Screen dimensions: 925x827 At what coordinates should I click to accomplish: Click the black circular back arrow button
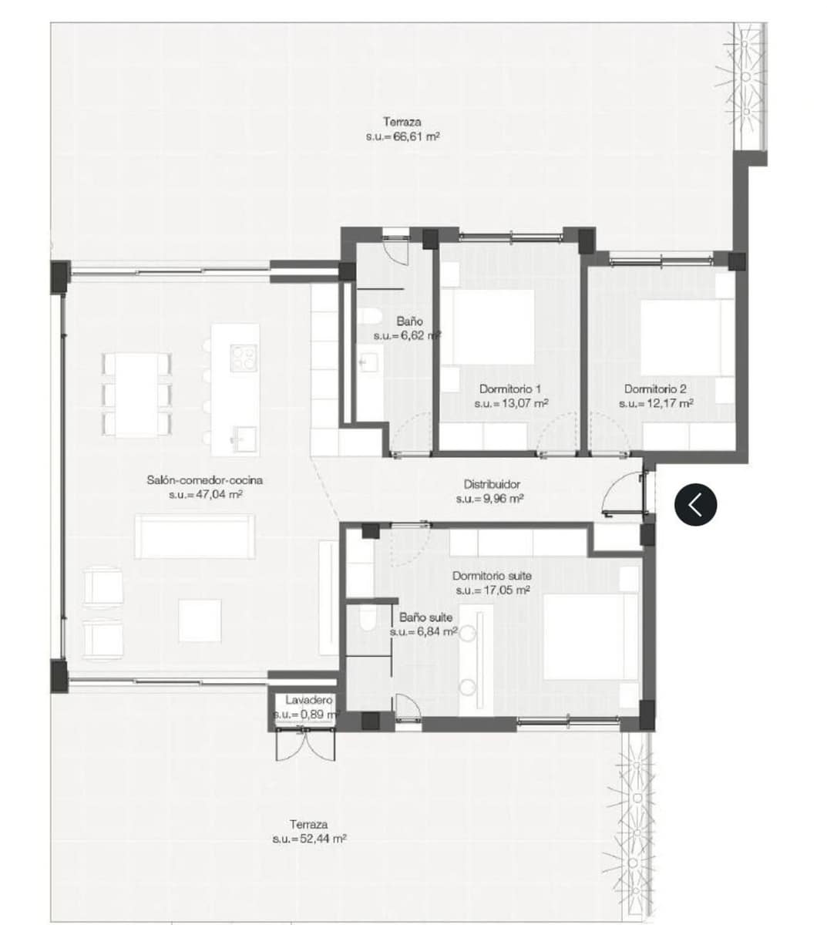pos(695,504)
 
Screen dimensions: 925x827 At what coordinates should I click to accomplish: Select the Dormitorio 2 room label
pos(655,389)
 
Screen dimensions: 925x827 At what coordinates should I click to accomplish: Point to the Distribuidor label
pos(492,485)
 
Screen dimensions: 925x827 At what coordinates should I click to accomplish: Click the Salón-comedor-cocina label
pos(205,480)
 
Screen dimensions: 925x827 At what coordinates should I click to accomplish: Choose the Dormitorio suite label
pos(492,576)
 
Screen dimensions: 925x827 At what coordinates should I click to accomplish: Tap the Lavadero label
pos(308,701)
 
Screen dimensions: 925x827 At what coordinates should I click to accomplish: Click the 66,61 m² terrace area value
pos(402,136)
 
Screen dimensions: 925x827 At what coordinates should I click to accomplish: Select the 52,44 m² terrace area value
pos(309,838)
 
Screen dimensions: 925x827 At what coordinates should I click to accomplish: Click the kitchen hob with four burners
pos(244,355)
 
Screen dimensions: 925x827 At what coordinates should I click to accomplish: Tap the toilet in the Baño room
pos(368,316)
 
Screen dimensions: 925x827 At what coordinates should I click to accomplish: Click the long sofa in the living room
pos(194,536)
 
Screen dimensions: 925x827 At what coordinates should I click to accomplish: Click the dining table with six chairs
pos(136,394)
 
